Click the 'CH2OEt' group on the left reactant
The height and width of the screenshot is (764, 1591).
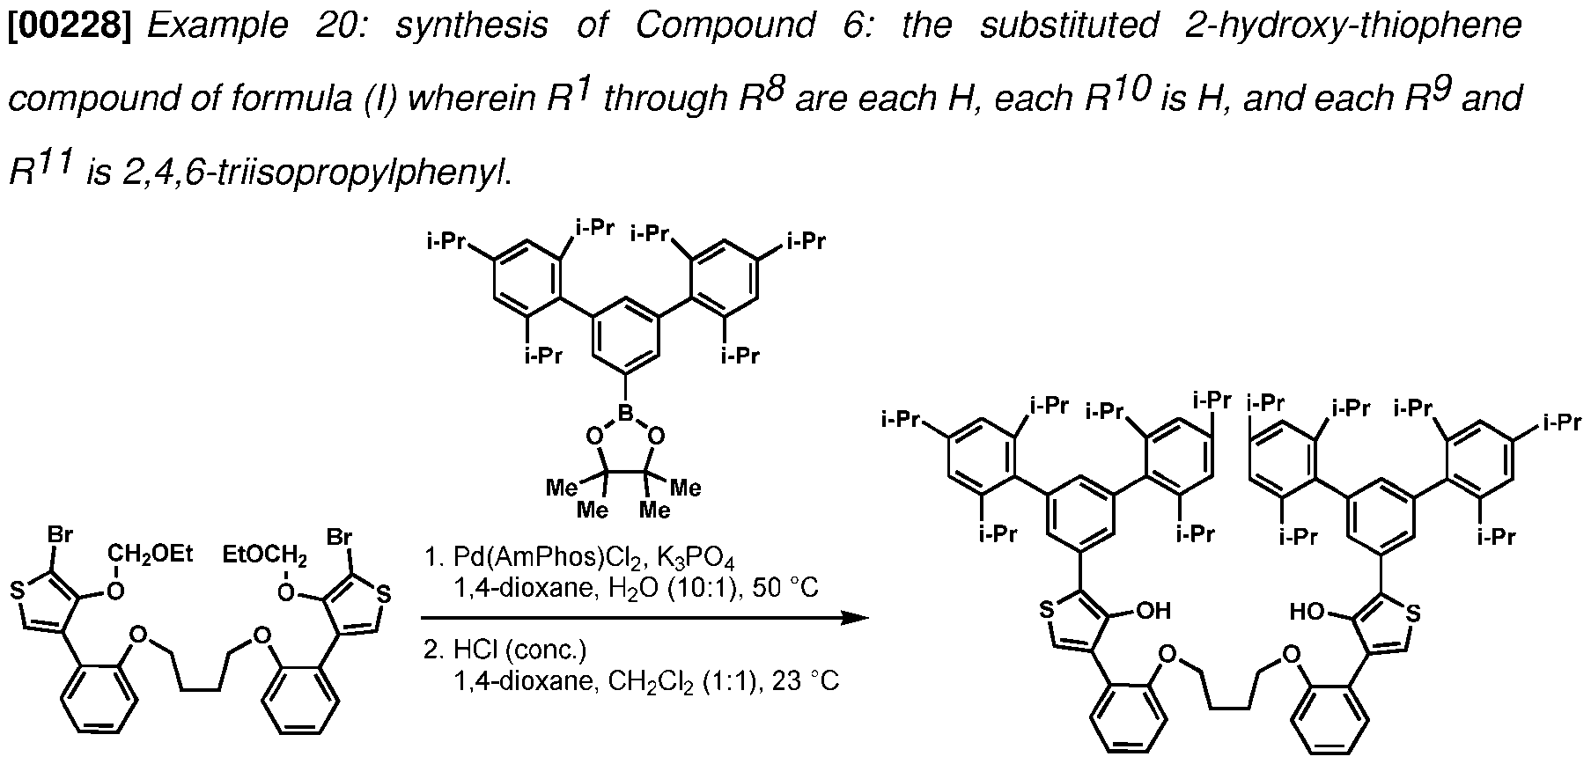(151, 554)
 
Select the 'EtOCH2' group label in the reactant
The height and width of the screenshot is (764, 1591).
(265, 556)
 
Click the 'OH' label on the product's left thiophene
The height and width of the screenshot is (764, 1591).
(1154, 611)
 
